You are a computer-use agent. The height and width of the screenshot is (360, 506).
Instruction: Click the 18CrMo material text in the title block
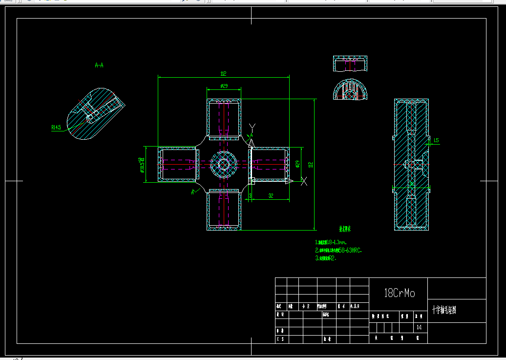pos(400,293)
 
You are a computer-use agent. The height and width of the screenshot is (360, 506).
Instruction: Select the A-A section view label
pos(99,65)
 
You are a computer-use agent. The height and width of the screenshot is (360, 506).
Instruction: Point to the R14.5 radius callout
pos(56,127)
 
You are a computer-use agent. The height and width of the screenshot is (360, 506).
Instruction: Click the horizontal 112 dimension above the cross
pos(223,74)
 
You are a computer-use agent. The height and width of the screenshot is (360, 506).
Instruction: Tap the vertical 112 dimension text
pos(310,165)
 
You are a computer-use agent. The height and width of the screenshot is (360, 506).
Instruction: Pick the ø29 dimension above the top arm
pos(224,86)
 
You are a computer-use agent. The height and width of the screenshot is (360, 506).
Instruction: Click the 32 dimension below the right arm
pos(271,196)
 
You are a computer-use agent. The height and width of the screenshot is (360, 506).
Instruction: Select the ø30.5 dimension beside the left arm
pos(141,165)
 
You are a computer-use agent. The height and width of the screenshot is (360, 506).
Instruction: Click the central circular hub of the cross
pos(223,165)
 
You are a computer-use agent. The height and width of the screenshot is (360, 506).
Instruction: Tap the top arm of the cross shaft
pos(224,118)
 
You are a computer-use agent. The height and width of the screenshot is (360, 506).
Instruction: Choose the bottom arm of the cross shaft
pos(224,211)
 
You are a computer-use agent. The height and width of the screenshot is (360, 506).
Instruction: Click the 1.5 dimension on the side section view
pos(436,141)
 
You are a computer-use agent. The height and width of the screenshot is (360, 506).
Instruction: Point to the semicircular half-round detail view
pos(349,91)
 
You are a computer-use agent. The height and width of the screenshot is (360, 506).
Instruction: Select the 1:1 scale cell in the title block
pos(419,327)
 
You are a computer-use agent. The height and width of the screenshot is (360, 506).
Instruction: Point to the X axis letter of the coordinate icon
pos(304,182)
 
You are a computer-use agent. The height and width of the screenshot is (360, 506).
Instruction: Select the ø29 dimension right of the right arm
pos(297,165)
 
